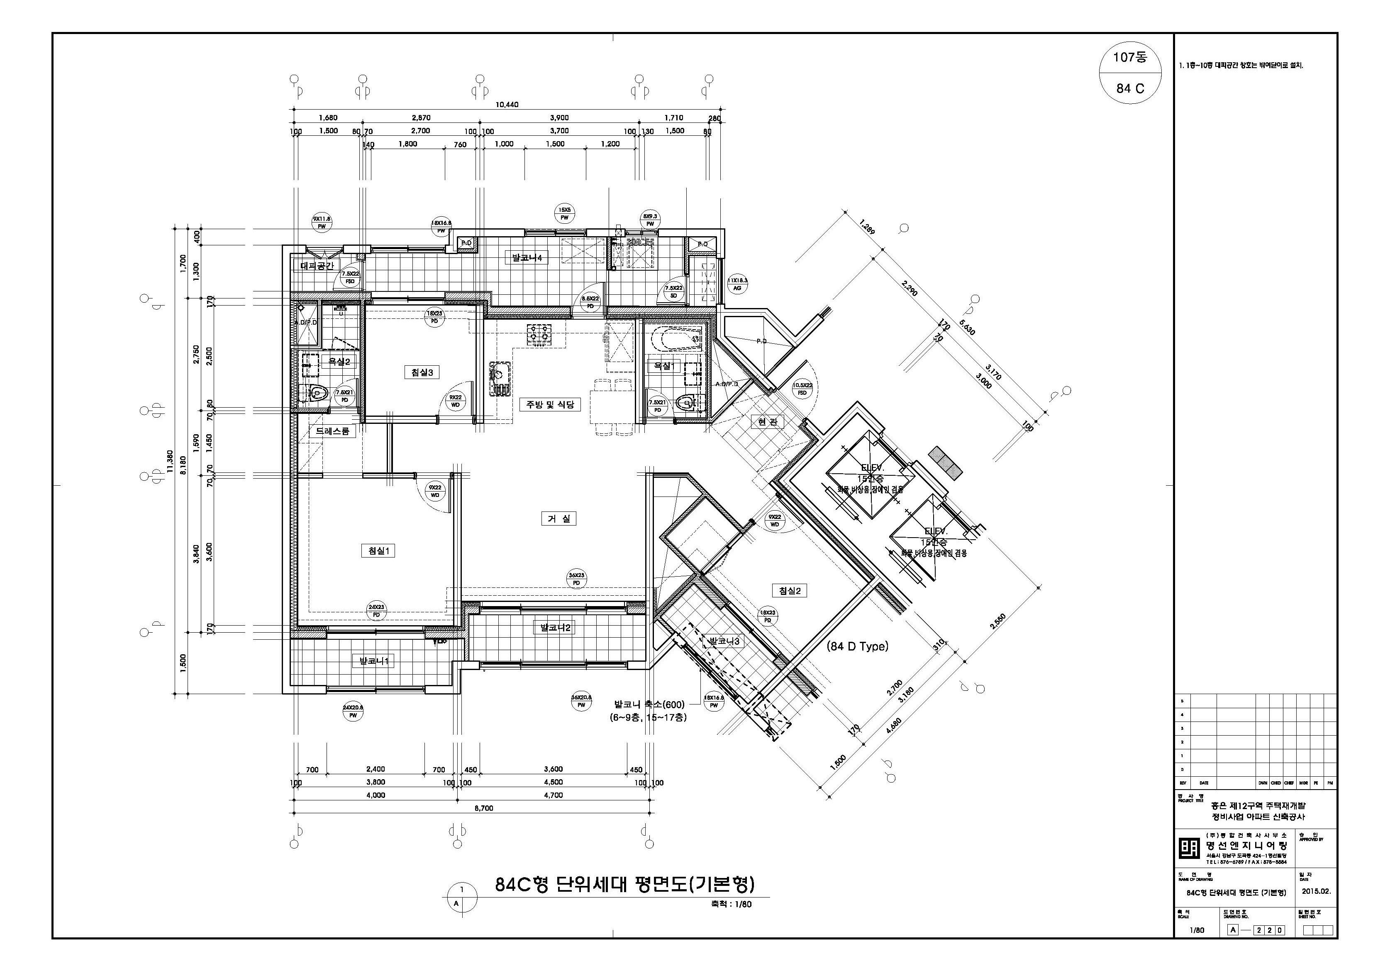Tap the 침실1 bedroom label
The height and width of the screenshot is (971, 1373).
click(x=378, y=551)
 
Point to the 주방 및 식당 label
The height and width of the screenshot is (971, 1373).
click(x=549, y=404)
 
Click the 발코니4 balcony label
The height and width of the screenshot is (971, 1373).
click(x=526, y=258)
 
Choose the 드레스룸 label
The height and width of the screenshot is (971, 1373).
click(x=332, y=431)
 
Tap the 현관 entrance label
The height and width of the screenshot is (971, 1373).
click(x=767, y=422)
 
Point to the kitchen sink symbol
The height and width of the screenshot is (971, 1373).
click(x=500, y=379)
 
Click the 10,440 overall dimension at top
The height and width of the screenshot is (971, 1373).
click(x=507, y=105)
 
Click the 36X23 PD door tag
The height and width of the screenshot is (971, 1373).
click(x=576, y=579)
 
